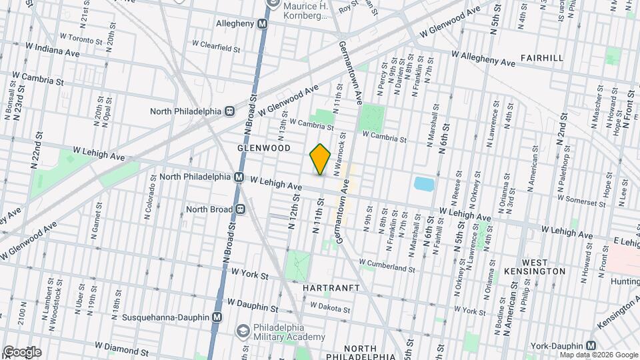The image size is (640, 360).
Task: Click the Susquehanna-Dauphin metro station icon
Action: tap(217, 318)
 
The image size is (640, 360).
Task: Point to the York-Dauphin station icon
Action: tap(591, 345)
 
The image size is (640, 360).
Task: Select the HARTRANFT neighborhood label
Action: tap(331, 288)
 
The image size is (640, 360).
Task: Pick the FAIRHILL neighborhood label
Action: tap(542, 58)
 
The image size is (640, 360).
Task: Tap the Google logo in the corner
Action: tap(22, 351)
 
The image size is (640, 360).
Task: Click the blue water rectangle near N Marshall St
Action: tap(423, 183)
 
